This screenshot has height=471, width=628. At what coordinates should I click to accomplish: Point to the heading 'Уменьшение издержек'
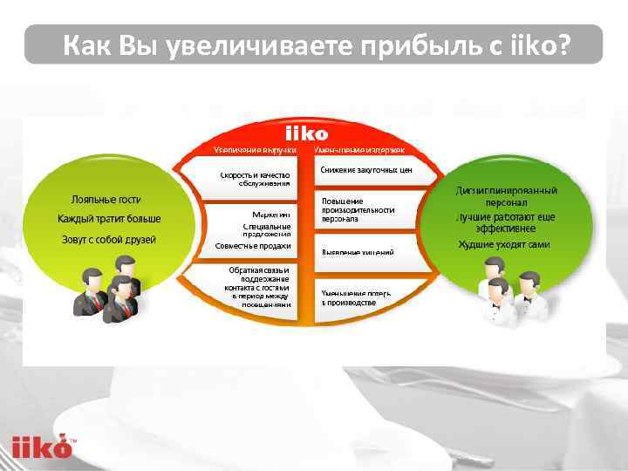click(358, 150)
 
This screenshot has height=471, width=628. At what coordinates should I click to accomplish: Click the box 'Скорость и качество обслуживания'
click(255, 179)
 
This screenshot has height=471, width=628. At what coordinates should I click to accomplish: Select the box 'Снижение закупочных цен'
click(365, 170)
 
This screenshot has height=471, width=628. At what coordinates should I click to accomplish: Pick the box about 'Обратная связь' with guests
click(255, 287)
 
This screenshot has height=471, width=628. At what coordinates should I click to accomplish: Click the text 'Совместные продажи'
click(253, 246)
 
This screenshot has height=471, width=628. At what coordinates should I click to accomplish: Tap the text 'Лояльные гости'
click(106, 199)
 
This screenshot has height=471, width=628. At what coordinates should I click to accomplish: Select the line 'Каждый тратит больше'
click(109, 219)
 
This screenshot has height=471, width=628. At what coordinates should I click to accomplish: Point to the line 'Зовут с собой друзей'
click(109, 239)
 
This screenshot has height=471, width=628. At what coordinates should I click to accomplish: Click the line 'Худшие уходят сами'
click(504, 244)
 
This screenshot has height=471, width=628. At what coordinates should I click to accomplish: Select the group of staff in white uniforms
click(510, 292)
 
